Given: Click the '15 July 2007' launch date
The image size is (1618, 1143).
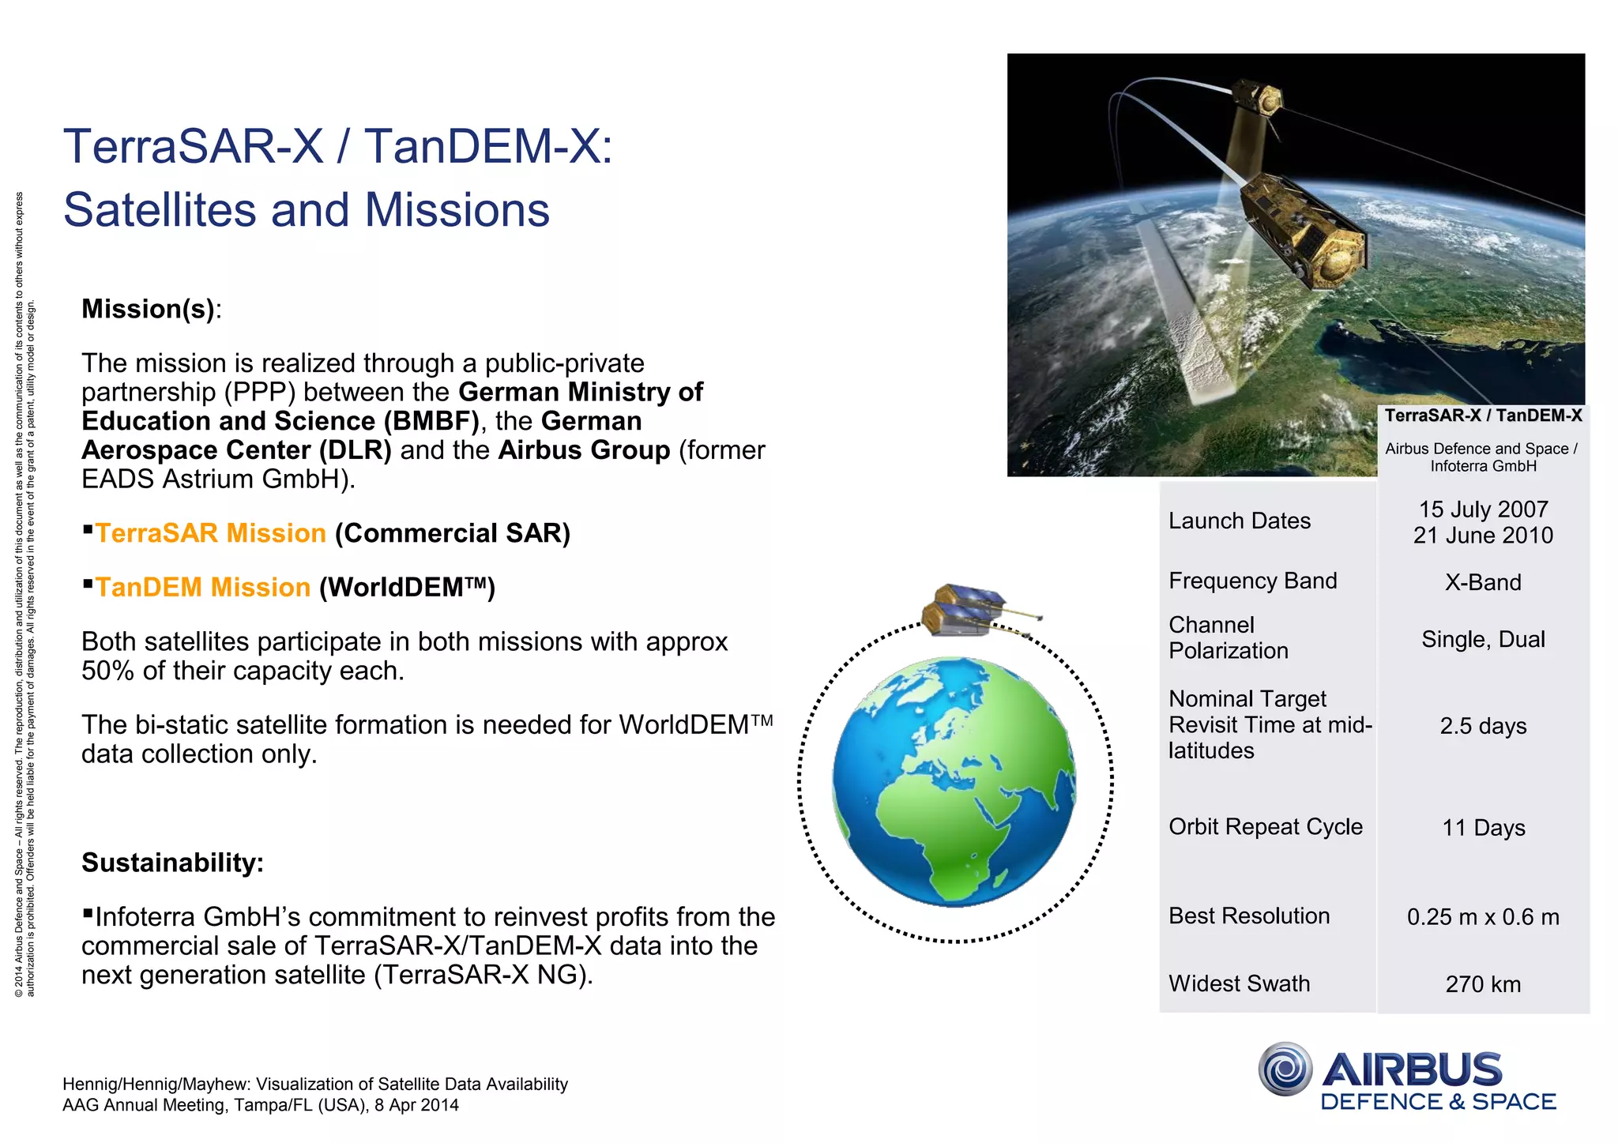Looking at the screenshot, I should click(x=1482, y=509).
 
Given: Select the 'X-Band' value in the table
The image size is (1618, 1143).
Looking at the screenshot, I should click(x=1482, y=583).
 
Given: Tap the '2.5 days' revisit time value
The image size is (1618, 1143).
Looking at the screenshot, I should click(x=1482, y=726).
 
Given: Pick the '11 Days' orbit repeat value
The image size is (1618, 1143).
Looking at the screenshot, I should click(x=1482, y=828).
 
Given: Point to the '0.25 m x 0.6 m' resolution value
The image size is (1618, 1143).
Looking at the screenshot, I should click(x=1482, y=917).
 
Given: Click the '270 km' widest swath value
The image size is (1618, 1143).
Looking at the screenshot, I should click(x=1482, y=984).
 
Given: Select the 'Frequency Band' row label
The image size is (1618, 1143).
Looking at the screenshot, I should click(x=1252, y=581).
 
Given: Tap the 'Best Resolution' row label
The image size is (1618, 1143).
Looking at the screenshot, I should click(x=1248, y=916).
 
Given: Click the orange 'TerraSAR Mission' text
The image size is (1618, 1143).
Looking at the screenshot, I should click(x=210, y=533).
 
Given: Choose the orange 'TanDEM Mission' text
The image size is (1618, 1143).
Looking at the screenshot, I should click(x=202, y=588).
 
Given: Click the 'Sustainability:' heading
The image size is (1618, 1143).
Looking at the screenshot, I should click(x=172, y=863).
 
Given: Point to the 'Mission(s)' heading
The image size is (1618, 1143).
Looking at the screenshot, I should click(x=148, y=309).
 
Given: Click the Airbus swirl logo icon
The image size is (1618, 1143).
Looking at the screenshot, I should click(x=1285, y=1069).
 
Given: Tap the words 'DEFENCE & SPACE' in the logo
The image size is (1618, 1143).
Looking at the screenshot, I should click(x=1437, y=1102).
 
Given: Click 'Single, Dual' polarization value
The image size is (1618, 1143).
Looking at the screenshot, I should click(x=1482, y=639).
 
